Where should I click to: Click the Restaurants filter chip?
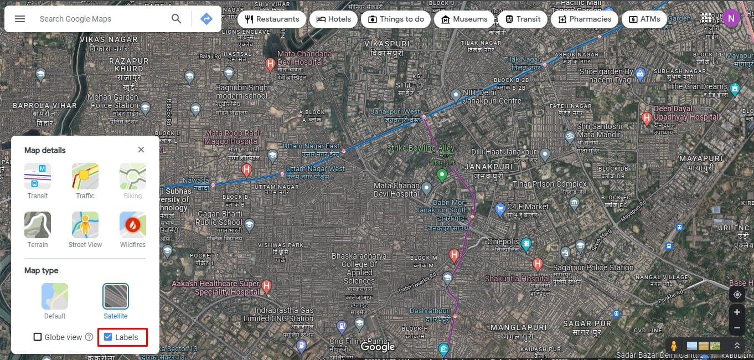[271, 19]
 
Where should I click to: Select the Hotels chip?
[333, 19]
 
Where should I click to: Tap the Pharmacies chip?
[585, 19]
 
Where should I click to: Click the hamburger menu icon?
[20, 19]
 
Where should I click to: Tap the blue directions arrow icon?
[206, 19]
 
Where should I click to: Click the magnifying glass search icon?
[176, 19]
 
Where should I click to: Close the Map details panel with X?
[141, 150]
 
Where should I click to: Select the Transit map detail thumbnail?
[38, 176]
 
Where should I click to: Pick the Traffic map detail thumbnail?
[85, 176]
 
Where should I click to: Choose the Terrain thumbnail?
[38, 225]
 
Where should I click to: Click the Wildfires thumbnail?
[133, 225]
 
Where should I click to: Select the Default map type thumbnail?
[55, 296]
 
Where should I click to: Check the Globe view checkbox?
[38, 337]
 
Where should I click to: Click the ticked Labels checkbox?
[108, 337]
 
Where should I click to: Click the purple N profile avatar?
[731, 18]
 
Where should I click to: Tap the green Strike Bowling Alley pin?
[442, 176]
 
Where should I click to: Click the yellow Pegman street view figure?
[674, 346]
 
